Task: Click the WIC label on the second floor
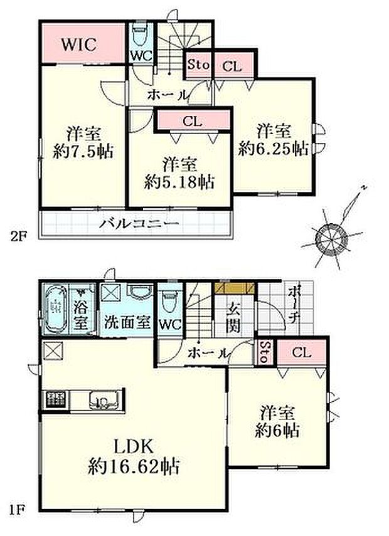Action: pyautogui.click(x=78, y=44)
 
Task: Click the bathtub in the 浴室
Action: pyautogui.click(x=56, y=309)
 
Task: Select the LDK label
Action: pyautogui.click(x=134, y=446)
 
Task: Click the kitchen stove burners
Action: pyautogui.click(x=53, y=399)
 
